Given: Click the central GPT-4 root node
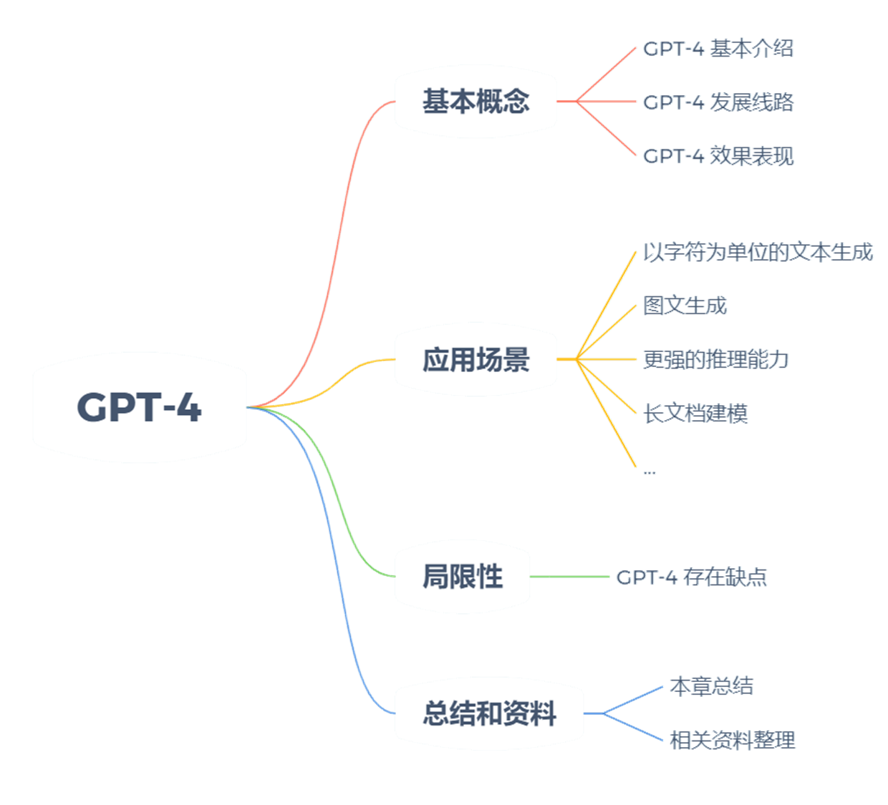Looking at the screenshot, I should (x=140, y=407).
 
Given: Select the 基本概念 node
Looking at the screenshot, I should (x=476, y=101).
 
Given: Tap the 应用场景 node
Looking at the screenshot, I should (x=476, y=359).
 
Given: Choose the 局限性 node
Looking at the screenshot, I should (x=462, y=577).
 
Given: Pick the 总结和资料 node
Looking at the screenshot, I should (x=489, y=713).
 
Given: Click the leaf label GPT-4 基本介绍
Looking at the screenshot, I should (x=718, y=49).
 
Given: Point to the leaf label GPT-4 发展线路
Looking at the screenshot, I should (x=718, y=102).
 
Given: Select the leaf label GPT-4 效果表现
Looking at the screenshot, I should (x=718, y=156).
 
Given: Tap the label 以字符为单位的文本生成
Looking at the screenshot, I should (x=758, y=253).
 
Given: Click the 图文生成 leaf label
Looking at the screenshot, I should (x=685, y=306).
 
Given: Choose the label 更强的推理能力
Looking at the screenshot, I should (x=716, y=359).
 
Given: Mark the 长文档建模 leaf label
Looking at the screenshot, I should (x=696, y=413).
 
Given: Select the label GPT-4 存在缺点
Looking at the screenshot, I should (x=692, y=577).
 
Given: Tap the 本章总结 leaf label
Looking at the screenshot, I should (x=711, y=686).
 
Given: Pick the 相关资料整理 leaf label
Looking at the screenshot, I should (x=733, y=740).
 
